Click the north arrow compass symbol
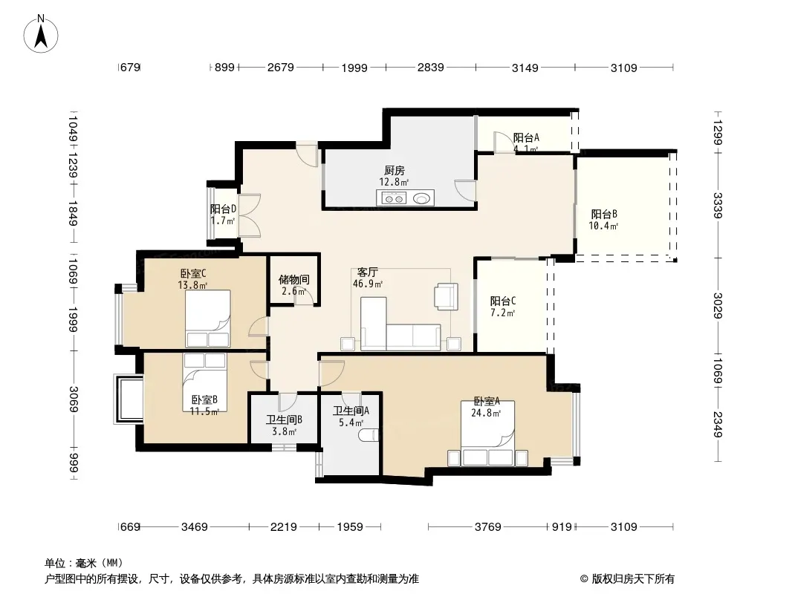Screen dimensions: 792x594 [x=41, y=34]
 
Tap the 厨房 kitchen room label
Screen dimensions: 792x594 [x=394, y=171]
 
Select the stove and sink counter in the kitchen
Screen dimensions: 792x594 [x=405, y=198]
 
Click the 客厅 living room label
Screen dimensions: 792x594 [x=367, y=272]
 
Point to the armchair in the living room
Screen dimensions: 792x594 [x=447, y=296]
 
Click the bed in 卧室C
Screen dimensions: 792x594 [x=207, y=319]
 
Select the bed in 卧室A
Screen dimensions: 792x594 [x=487, y=434]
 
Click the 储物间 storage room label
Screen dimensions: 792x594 [x=294, y=279]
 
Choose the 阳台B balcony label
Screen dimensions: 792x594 [x=603, y=214]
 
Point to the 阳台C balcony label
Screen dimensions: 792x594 [x=502, y=301]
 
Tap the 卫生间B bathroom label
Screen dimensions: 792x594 [x=285, y=420]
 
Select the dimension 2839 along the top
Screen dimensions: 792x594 [x=430, y=67]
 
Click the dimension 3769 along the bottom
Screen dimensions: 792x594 [x=487, y=527]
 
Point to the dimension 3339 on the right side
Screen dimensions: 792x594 [x=718, y=205]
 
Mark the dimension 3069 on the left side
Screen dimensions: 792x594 [x=74, y=399]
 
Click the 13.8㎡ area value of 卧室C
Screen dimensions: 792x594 [x=192, y=285]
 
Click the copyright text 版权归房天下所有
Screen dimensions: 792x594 [x=633, y=579]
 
